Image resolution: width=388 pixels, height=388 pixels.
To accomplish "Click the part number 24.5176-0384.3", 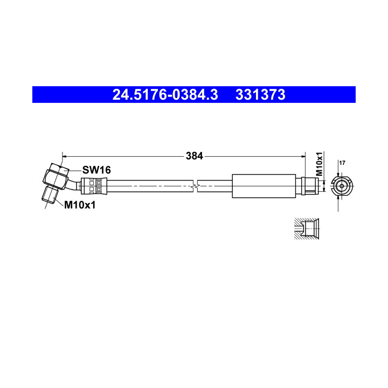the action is click(165, 94).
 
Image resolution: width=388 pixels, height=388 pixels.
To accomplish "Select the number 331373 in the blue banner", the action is click(260, 94).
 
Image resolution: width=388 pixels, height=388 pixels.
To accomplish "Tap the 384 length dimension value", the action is click(194, 156).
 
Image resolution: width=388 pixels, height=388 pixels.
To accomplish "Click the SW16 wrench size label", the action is click(96, 170).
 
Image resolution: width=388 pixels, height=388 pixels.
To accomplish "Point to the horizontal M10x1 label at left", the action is click(80, 205).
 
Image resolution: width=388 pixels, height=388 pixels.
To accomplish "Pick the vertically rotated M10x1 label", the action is click(320, 164).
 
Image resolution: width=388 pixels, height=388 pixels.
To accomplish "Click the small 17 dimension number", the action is click(342, 163).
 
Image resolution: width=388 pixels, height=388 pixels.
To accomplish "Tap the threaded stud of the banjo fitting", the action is click(50, 195).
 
